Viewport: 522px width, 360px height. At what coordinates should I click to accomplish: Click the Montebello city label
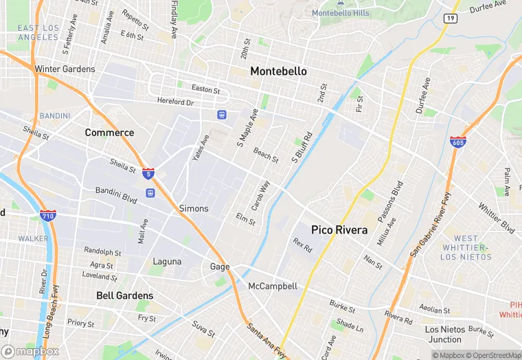click(278, 71)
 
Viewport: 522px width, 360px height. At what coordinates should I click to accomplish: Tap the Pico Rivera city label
click(339, 230)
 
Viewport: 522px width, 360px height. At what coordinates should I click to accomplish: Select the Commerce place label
click(109, 133)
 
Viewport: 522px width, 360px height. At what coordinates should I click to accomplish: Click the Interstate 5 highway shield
click(148, 172)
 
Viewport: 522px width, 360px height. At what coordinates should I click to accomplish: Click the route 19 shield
click(451, 18)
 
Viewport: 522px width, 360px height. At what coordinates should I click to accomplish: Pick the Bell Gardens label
click(124, 295)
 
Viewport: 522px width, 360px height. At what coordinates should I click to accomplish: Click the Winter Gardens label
click(65, 69)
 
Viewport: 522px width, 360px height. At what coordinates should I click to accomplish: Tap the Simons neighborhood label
click(193, 208)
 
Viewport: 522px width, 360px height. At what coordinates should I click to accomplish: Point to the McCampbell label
click(273, 286)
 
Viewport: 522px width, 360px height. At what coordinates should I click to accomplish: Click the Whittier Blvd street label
click(497, 217)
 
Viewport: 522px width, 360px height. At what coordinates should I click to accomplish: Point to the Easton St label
click(205, 90)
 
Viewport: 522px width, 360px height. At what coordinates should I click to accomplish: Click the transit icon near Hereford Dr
click(222, 114)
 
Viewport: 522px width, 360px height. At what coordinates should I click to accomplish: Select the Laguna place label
click(167, 262)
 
